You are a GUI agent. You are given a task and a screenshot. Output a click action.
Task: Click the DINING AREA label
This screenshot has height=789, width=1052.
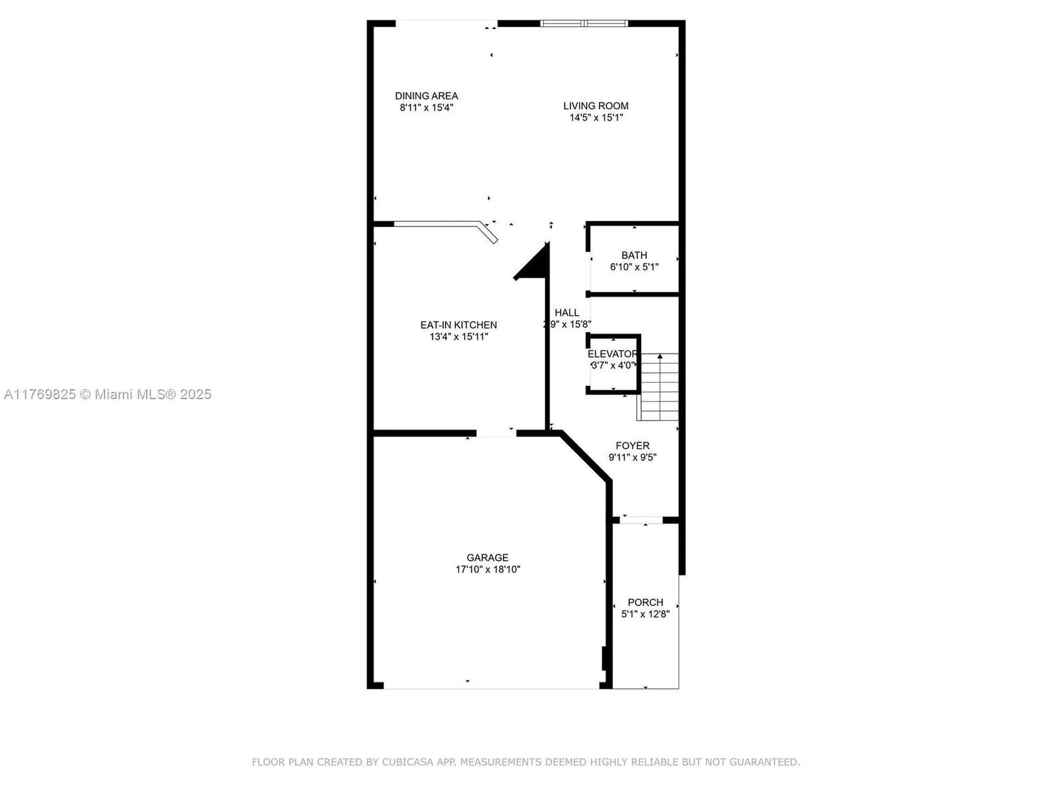coord(426,96)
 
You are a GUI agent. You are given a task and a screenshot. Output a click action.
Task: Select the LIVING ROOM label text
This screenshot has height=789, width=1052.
coord(596,106)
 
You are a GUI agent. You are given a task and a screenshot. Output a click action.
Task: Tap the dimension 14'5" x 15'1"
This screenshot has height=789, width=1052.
coord(596,118)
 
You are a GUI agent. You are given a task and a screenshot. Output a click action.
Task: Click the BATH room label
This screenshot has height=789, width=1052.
coord(634,255)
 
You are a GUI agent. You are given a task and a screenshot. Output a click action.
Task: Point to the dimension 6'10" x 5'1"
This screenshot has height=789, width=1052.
coord(634,267)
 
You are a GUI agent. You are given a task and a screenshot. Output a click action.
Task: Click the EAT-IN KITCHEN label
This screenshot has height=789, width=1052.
coord(459,325)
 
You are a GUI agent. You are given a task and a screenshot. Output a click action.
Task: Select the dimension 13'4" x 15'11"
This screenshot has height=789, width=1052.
coord(459,337)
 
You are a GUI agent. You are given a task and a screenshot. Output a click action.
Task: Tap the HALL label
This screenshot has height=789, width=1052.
coord(567,313)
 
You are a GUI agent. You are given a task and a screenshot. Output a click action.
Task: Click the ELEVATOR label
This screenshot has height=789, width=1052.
coord(612,354)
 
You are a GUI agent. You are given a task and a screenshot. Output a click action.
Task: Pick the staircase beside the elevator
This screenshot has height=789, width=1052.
coord(660,387)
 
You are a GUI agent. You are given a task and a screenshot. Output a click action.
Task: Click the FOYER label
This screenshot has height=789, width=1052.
coord(632,445)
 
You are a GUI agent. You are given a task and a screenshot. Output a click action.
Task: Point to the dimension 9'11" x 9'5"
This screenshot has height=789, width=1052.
coord(632,458)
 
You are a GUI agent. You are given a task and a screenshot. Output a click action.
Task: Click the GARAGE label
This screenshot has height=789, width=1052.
coord(487,558)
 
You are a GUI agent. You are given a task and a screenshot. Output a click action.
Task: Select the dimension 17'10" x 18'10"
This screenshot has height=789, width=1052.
coord(487,570)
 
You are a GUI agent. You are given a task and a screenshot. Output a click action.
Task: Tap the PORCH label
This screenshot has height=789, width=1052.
coord(645,602)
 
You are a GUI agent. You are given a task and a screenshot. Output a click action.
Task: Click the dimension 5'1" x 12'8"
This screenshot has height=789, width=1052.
coord(645,614)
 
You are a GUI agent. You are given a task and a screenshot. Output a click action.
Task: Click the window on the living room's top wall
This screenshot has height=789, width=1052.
coord(584,24)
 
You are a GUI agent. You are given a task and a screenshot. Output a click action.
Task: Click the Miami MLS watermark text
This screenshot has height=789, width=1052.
coord(107,395)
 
